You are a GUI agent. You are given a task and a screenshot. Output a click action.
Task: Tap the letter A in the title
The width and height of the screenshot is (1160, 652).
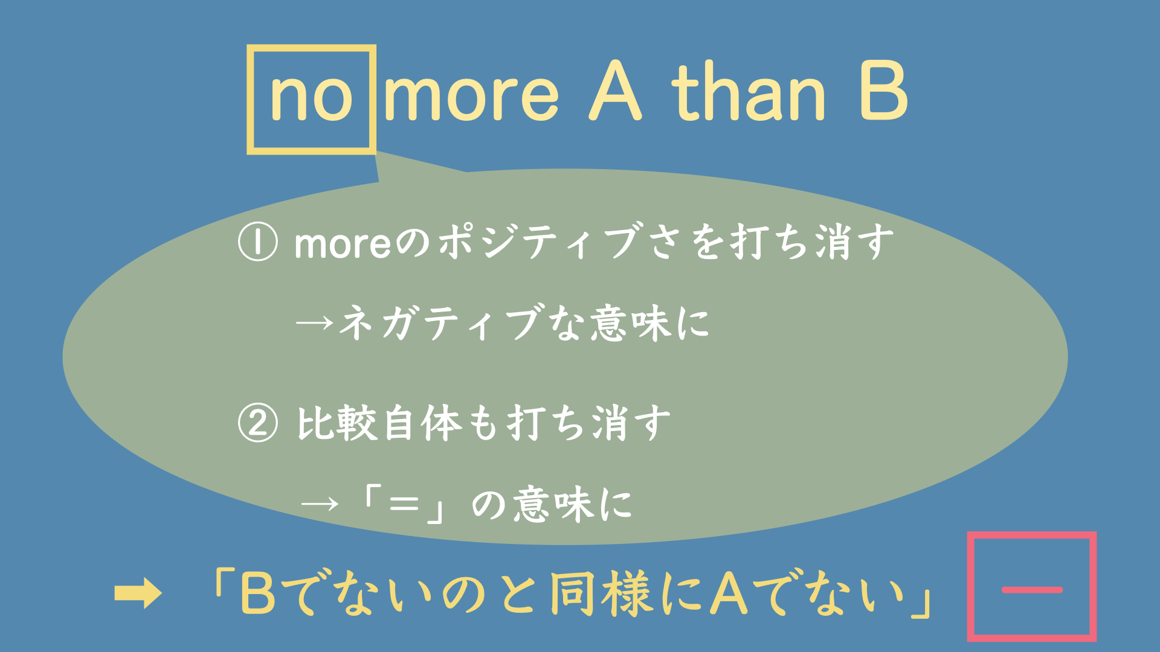(615, 92)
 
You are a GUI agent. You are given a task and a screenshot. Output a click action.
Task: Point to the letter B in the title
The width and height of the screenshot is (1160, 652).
(883, 92)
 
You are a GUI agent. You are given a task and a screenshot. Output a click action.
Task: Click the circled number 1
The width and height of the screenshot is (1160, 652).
(258, 242)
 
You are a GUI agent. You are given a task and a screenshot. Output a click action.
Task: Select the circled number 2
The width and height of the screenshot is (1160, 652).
(258, 423)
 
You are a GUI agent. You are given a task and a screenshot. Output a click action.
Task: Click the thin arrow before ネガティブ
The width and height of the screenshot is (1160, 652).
(315, 322)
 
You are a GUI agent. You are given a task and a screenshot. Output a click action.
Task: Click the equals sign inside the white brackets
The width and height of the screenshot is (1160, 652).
(404, 503)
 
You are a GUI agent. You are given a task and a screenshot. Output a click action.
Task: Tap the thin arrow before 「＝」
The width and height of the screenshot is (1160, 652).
(320, 503)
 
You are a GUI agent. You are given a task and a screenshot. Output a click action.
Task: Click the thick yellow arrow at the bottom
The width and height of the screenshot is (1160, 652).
(138, 593)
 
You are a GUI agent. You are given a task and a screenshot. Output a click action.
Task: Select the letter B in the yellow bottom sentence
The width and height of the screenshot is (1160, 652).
(258, 593)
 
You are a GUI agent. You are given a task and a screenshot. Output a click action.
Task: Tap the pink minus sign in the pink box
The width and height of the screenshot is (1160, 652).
(1032, 590)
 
